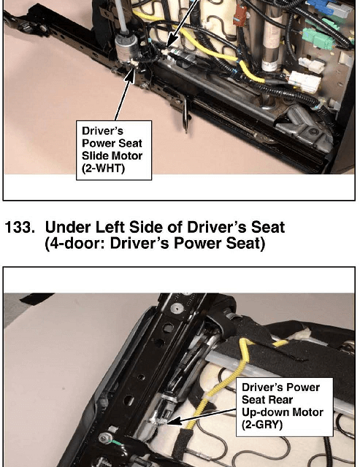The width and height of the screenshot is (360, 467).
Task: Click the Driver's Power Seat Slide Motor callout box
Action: pos(114,150)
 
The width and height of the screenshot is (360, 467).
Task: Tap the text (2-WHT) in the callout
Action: pos(103,169)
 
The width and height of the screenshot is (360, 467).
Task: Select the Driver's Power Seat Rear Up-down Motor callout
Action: pos(285,407)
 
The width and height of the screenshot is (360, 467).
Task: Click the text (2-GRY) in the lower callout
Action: pos(262,425)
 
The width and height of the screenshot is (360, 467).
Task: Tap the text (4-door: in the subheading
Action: pos(75,243)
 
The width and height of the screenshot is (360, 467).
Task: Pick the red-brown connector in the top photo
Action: pos(240,15)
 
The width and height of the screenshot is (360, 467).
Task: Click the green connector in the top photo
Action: pos(318,39)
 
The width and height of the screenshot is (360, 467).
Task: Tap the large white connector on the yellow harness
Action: pos(304,81)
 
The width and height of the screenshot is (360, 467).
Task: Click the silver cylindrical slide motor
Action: pos(126,47)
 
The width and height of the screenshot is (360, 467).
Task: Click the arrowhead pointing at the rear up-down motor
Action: pos(174,421)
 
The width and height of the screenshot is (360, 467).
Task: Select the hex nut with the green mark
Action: pos(104,438)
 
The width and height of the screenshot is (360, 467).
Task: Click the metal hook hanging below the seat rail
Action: pos(185,115)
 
